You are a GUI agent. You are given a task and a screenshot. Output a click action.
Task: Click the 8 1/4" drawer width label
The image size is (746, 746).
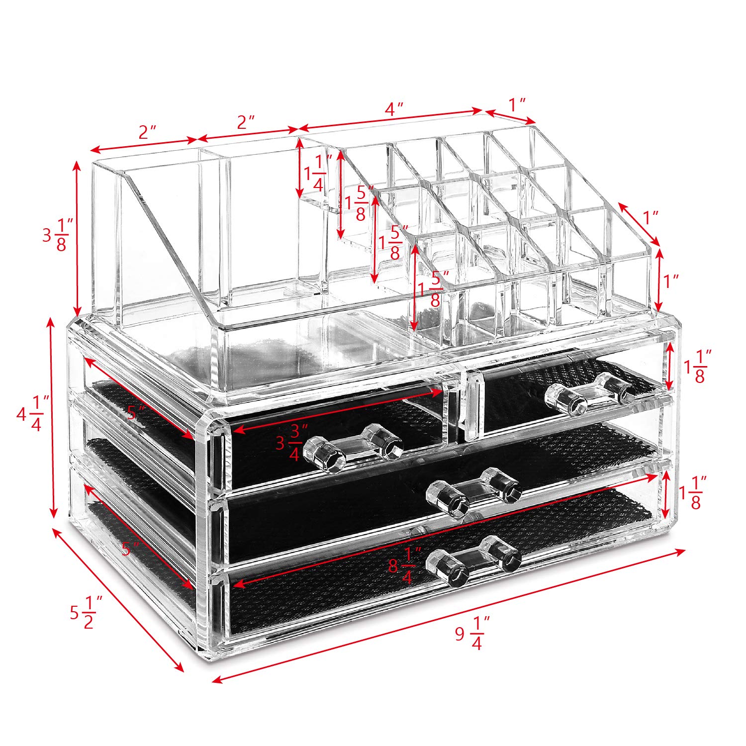click(x=405, y=565)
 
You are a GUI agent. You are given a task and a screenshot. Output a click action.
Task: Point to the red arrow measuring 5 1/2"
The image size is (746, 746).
click(x=118, y=601)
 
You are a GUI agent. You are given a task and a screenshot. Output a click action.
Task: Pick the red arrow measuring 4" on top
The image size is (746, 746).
click(x=391, y=121)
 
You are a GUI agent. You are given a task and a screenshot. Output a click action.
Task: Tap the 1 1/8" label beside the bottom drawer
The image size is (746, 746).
click(x=695, y=493)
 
